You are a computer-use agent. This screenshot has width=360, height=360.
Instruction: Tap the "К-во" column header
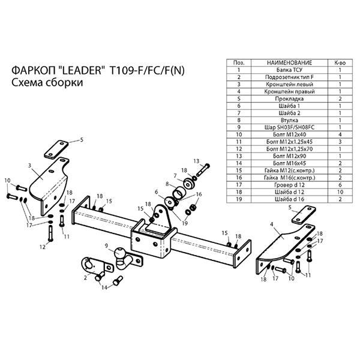340,62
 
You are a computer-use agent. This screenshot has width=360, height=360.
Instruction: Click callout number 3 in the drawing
29,164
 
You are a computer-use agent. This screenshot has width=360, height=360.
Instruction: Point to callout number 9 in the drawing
107,246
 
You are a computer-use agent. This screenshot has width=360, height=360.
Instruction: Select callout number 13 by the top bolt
196,161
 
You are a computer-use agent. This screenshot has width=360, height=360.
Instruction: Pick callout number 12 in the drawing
43,246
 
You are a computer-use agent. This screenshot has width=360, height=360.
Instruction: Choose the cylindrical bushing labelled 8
180,196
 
